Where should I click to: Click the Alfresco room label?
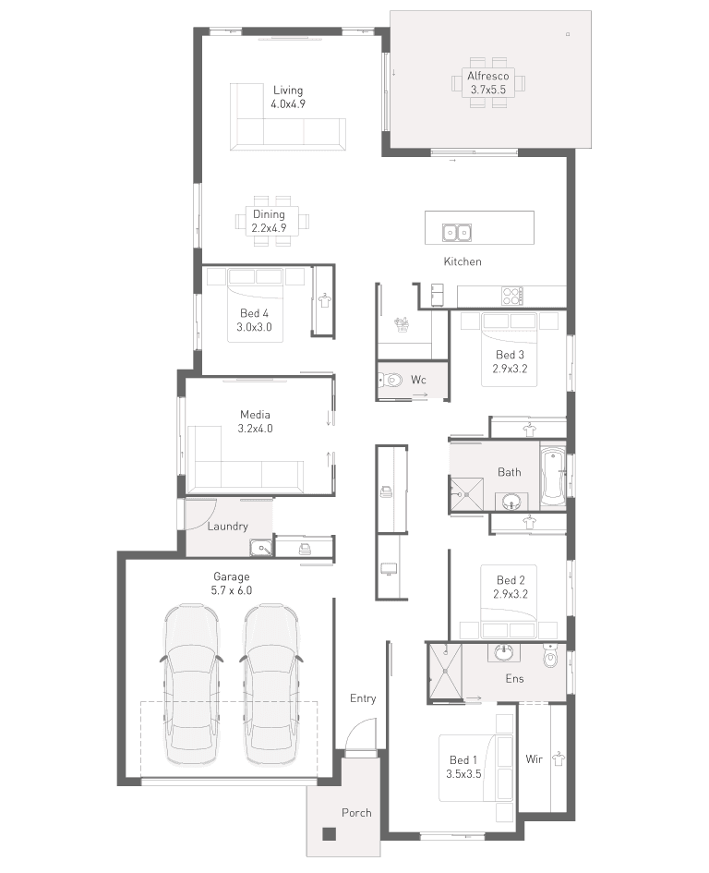pyautogui.click(x=487, y=76)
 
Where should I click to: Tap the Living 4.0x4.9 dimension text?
pyautogui.click(x=288, y=103)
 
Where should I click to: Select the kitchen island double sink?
pyautogui.click(x=457, y=232)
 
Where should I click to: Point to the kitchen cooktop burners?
pyautogui.click(x=512, y=295)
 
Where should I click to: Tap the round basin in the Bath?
pyautogui.click(x=511, y=502)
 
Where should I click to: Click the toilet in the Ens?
pyautogui.click(x=550, y=655)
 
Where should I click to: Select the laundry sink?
pyautogui.click(x=260, y=547)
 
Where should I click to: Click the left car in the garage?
pyautogui.click(x=191, y=685)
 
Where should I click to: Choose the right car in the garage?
pyautogui.click(x=271, y=685)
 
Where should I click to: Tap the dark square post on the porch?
pyautogui.click(x=330, y=833)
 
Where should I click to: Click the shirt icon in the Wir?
pyautogui.click(x=559, y=758)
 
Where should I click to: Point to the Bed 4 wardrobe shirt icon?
pyautogui.click(x=324, y=300)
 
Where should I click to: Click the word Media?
pyautogui.click(x=255, y=414)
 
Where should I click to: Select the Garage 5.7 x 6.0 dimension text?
pyautogui.click(x=232, y=590)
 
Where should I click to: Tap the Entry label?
pyautogui.click(x=363, y=698)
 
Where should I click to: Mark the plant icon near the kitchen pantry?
pyautogui.click(x=402, y=324)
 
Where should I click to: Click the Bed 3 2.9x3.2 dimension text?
pyautogui.click(x=510, y=368)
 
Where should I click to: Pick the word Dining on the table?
pyautogui.click(x=269, y=213)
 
